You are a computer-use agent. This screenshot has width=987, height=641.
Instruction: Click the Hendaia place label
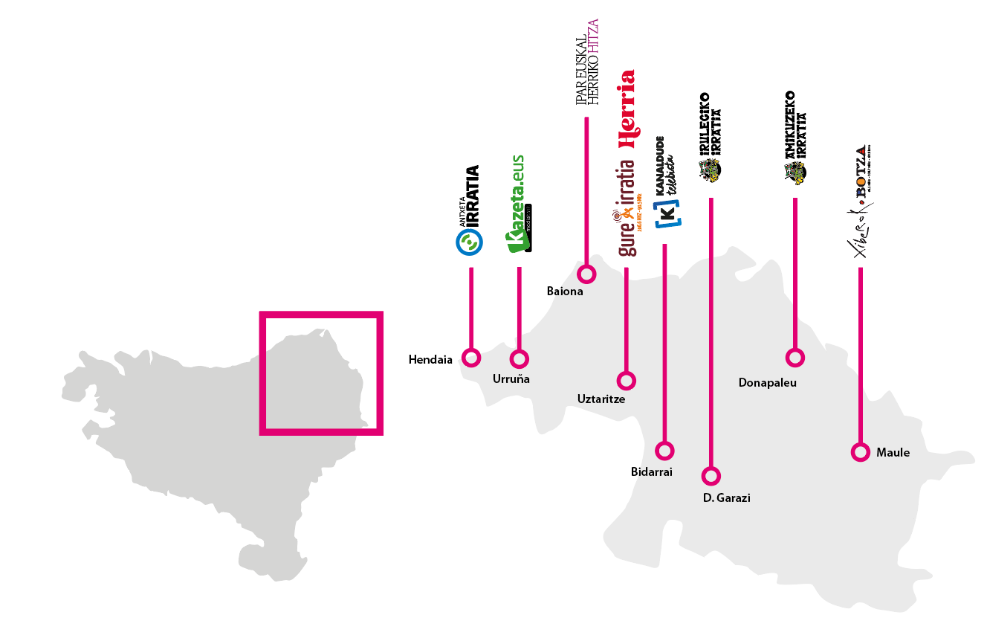click(430, 360)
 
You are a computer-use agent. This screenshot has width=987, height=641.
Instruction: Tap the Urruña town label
click(511, 379)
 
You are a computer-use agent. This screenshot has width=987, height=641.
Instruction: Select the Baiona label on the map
click(565, 291)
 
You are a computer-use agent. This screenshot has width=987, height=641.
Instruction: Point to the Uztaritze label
click(601, 399)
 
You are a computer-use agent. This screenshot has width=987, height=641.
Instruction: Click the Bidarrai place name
click(651, 471)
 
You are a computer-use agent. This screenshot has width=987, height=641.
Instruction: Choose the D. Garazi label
click(726, 498)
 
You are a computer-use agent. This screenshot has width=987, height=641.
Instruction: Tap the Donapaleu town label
click(767, 383)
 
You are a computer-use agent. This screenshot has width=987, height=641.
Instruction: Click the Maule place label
click(893, 452)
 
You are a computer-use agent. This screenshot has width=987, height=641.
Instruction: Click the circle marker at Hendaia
click(471, 358)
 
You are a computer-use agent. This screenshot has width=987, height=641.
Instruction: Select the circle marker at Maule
click(860, 452)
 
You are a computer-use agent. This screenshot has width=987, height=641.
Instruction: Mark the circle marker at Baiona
click(587, 274)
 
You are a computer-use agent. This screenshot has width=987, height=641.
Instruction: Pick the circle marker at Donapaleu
click(795, 358)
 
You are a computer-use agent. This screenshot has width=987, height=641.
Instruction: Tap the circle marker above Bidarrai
click(664, 450)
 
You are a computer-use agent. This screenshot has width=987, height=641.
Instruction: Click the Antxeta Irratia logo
click(470, 210)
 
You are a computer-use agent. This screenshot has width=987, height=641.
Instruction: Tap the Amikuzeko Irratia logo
click(795, 138)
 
